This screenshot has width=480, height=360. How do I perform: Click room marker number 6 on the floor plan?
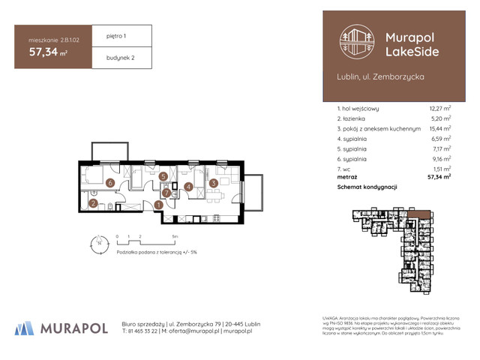109,182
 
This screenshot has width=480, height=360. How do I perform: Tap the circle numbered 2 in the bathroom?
94,202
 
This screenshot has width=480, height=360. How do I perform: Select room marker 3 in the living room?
213,182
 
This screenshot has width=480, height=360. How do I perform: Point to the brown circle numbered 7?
166,191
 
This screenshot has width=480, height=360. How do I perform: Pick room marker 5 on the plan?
163,176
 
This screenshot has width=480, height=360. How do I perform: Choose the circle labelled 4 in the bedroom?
189,187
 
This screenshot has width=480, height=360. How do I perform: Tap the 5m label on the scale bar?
175,235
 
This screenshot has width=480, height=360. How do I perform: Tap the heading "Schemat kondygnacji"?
367,186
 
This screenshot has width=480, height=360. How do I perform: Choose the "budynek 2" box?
120,56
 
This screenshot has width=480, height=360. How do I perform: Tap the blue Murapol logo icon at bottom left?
24,328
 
